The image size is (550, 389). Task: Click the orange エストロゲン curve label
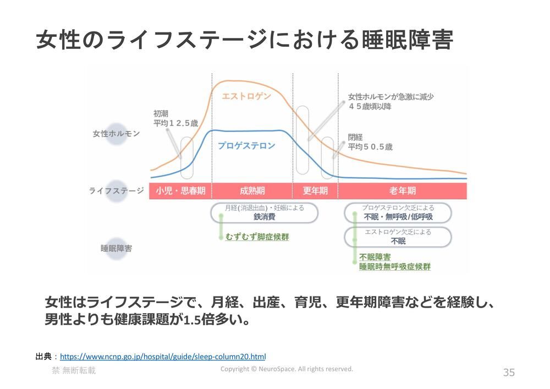pos(246,97)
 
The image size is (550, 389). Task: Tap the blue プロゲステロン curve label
pos(246,146)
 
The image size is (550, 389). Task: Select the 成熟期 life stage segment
pos(252,191)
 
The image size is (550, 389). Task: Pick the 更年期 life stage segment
pos(315,191)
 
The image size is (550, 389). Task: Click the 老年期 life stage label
pos(402,191)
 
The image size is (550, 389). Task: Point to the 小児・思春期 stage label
pos(180,191)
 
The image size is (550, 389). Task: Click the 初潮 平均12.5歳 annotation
pos(175,118)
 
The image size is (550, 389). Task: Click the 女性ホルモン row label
pos(116,134)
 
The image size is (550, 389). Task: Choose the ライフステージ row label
pos(117,191)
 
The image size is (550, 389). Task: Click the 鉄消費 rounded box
pos(264,213)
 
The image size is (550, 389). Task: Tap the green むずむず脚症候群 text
pos(257,237)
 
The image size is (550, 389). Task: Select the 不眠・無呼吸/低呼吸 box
pos(398,213)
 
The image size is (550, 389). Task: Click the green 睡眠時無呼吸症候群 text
pos(394,267)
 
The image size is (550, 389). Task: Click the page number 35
pos(509,372)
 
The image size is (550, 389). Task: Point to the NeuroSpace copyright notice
pos(287,369)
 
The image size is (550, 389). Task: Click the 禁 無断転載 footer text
pos(74,371)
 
